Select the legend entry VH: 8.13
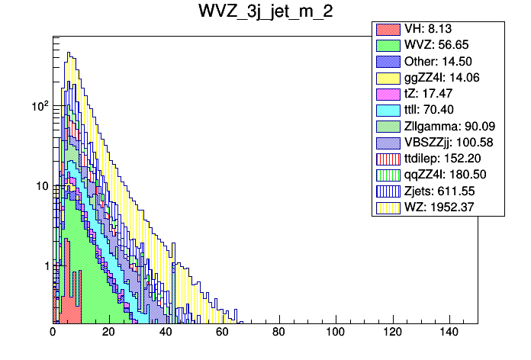(423, 29)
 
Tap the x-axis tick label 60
(222, 333)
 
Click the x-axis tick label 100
(335, 333)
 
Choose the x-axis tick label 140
(448, 333)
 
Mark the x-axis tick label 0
(53, 333)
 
